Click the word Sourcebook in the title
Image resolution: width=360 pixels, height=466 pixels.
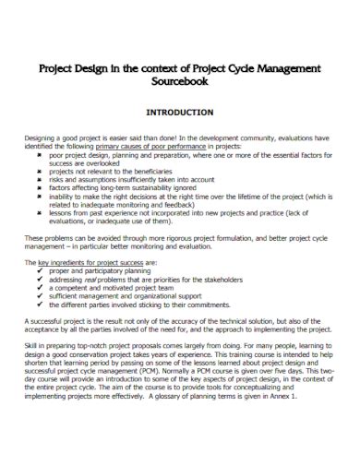click(181, 80)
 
